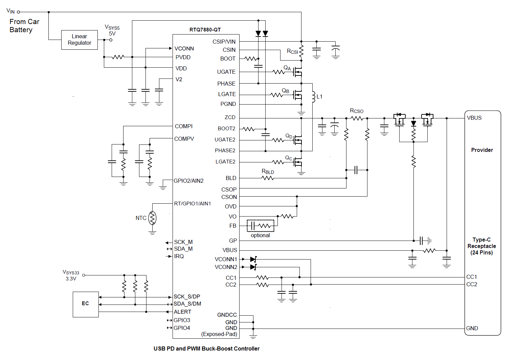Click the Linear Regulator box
click(x=80, y=40)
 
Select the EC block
click(x=86, y=304)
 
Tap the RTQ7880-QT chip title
click(x=205, y=30)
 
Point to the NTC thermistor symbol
click(x=153, y=218)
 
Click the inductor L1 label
click(x=319, y=97)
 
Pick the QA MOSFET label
click(x=287, y=68)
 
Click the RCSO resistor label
click(x=357, y=111)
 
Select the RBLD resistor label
click(x=268, y=172)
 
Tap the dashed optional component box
click(x=261, y=226)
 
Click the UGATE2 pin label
click(x=225, y=140)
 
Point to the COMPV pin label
click(x=184, y=139)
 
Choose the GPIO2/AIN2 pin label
click(x=188, y=181)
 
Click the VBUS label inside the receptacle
click(x=474, y=118)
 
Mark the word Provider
click(x=482, y=150)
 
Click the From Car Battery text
click(x=24, y=26)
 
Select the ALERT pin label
click(x=182, y=312)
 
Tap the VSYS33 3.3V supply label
click(x=71, y=275)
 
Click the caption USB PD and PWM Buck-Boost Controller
click(x=206, y=349)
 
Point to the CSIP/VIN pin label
click(x=224, y=42)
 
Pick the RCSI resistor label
click(x=292, y=51)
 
